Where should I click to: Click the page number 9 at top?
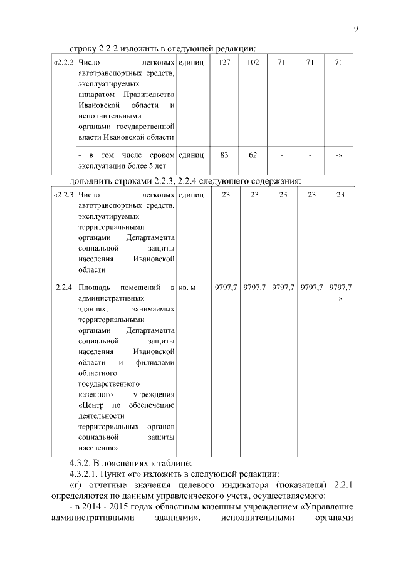tap(355, 29)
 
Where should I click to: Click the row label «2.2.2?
tap(65, 63)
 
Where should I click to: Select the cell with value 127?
tap(225, 63)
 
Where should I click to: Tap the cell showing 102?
tap(254, 63)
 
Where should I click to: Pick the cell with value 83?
tap(225, 155)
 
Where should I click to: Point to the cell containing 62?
tap(254, 155)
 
